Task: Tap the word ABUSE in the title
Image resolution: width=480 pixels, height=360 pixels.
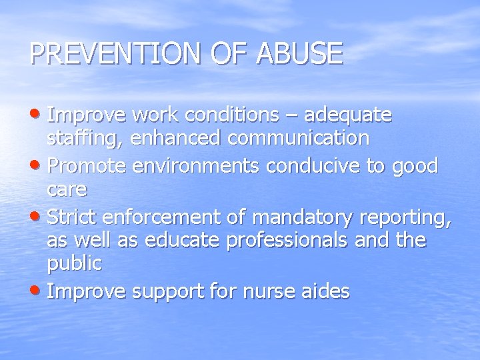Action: click(x=301, y=54)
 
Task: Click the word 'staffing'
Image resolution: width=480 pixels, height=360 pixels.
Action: click(x=84, y=139)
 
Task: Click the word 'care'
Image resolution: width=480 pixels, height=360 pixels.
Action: click(x=67, y=190)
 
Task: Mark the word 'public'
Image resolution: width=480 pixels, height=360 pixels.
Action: click(x=74, y=264)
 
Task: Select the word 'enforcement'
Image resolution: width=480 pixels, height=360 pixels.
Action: click(x=157, y=215)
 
